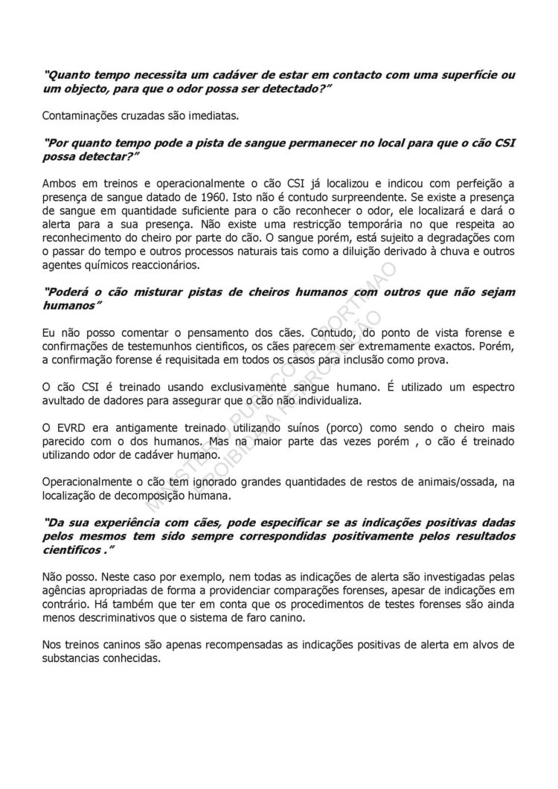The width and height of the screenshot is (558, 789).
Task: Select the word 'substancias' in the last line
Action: [76, 658]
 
